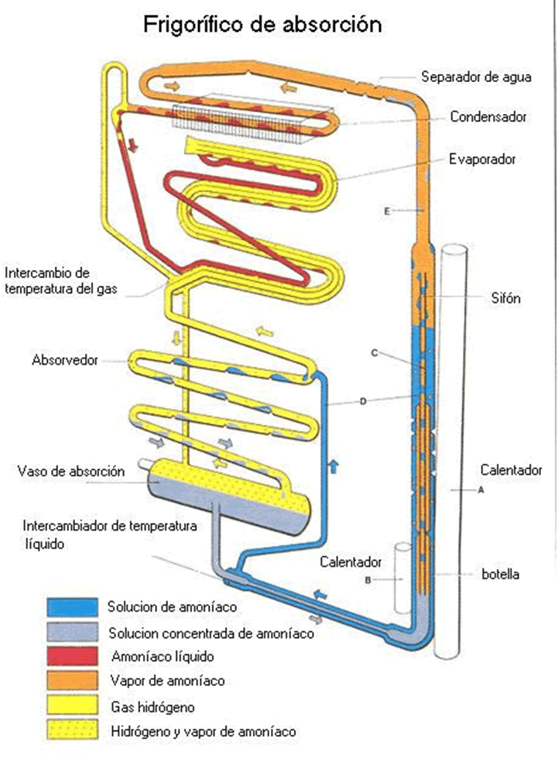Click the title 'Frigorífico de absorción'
point(263,25)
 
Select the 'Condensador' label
point(488,117)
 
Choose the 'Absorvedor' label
point(65,360)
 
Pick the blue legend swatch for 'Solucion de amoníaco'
point(72,606)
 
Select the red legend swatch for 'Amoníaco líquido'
point(72,656)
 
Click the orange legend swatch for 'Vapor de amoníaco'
point(72,681)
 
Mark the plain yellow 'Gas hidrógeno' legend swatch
point(72,706)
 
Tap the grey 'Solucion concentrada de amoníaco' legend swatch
point(72,631)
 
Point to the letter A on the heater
point(481,491)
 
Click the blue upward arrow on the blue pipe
point(334,465)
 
